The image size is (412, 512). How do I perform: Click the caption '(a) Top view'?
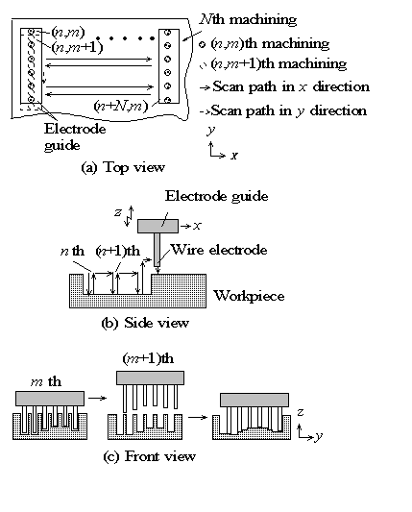pos(123,167)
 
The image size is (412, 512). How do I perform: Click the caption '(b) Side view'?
pos(145,323)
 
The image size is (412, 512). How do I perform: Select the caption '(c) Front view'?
pos(150,456)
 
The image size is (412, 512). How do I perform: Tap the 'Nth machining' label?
pos(248,19)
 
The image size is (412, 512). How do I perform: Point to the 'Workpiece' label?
pos(249,296)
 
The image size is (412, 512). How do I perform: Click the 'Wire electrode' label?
pos(219,250)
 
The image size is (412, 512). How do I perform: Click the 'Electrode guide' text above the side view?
pos(216,196)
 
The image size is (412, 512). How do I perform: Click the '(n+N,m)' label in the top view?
pos(121,106)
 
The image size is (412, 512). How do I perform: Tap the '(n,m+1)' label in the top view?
pos(77,48)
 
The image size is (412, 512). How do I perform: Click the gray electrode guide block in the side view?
pos(158,226)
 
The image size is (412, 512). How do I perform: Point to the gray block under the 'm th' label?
pos(50,399)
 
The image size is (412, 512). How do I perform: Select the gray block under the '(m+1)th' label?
pos(150,378)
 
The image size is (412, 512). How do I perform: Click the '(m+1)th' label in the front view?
pos(148,358)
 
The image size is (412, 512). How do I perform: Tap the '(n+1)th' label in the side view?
pos(118,251)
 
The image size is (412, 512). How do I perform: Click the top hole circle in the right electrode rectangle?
pos(167,33)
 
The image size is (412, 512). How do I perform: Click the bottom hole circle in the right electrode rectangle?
pos(167,100)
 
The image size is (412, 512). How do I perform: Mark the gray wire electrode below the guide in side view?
pos(158,249)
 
